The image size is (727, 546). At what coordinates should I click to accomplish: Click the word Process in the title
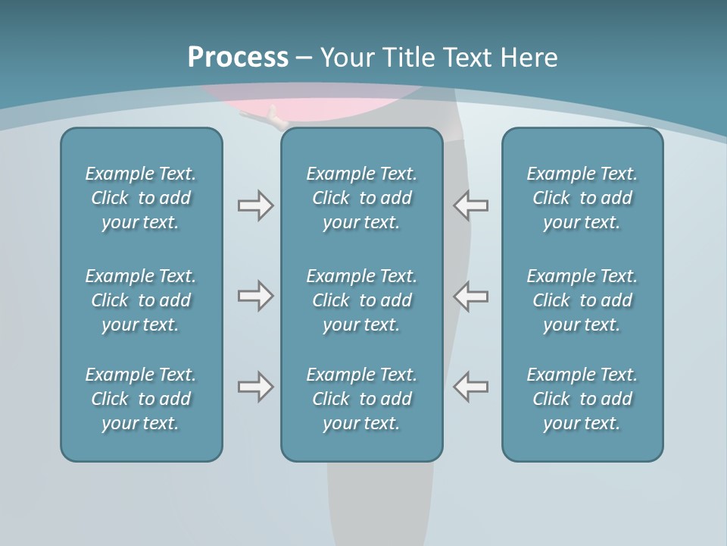click(238, 58)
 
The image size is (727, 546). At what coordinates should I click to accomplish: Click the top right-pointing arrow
click(255, 206)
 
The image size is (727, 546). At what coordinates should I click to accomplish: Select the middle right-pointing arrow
click(255, 296)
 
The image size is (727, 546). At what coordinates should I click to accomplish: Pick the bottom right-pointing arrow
click(255, 387)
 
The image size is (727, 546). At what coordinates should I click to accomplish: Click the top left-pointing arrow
click(471, 206)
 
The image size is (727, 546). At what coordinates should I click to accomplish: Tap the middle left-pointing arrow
click(471, 296)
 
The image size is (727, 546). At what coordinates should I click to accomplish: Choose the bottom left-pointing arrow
click(471, 387)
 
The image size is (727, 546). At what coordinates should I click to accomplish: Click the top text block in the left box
click(141, 198)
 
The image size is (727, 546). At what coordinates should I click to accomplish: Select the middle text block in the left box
click(141, 300)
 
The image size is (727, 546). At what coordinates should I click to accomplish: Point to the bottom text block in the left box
click(141, 399)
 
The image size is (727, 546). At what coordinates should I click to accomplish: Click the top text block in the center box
click(361, 198)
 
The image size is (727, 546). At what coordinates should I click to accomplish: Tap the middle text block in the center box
click(361, 300)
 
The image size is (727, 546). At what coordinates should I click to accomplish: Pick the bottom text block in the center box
click(361, 399)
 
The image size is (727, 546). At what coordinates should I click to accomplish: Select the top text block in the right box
click(582, 198)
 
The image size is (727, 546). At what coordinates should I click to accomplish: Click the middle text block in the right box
click(582, 300)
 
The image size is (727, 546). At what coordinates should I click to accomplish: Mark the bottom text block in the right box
click(582, 399)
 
